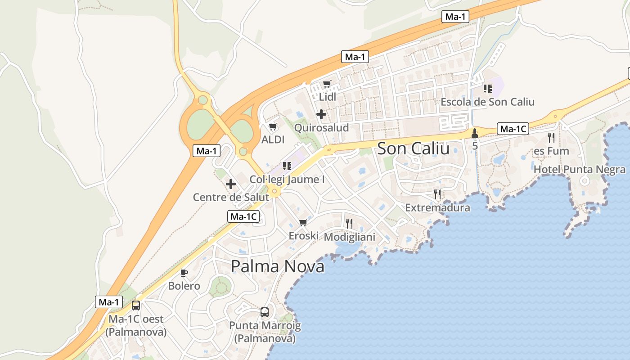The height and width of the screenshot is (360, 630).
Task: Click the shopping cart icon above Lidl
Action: tap(327, 84)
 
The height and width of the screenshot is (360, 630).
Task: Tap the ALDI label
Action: tap(273, 139)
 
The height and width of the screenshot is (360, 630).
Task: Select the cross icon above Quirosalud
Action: tap(321, 114)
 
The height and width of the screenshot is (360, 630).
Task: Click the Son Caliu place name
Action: tap(413, 148)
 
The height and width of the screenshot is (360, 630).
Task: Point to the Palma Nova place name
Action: tap(277, 266)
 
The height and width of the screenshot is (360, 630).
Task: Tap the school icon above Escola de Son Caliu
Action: tap(487, 89)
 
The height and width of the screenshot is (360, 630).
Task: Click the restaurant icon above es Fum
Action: tap(551, 137)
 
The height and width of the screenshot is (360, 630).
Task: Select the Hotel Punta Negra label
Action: tap(579, 170)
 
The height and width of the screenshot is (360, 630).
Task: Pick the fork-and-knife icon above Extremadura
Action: tap(437, 194)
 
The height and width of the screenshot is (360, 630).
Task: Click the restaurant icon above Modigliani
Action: tap(349, 223)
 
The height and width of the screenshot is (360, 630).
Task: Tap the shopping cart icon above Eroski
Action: tap(303, 222)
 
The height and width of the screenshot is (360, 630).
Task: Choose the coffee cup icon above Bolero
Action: tap(184, 273)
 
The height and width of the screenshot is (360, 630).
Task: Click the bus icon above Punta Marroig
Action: tap(265, 312)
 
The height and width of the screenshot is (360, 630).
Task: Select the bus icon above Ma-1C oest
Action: tap(135, 306)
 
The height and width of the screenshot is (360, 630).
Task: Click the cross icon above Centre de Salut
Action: tap(231, 184)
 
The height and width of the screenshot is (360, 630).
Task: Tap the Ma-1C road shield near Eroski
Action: tap(243, 216)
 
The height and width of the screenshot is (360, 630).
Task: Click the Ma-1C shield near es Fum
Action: tap(513, 129)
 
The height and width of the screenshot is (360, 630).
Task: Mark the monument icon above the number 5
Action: tap(474, 133)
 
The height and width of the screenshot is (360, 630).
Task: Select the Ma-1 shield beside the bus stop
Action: tap(109, 302)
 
